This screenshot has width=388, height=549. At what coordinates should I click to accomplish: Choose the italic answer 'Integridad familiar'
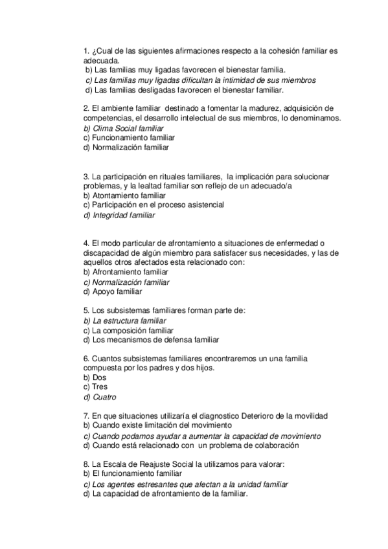(x=124, y=215)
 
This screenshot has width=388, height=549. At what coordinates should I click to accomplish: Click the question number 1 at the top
(x=87, y=50)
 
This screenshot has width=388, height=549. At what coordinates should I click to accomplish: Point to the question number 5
(x=87, y=310)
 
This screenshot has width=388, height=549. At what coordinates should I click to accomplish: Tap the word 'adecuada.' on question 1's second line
(x=102, y=60)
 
